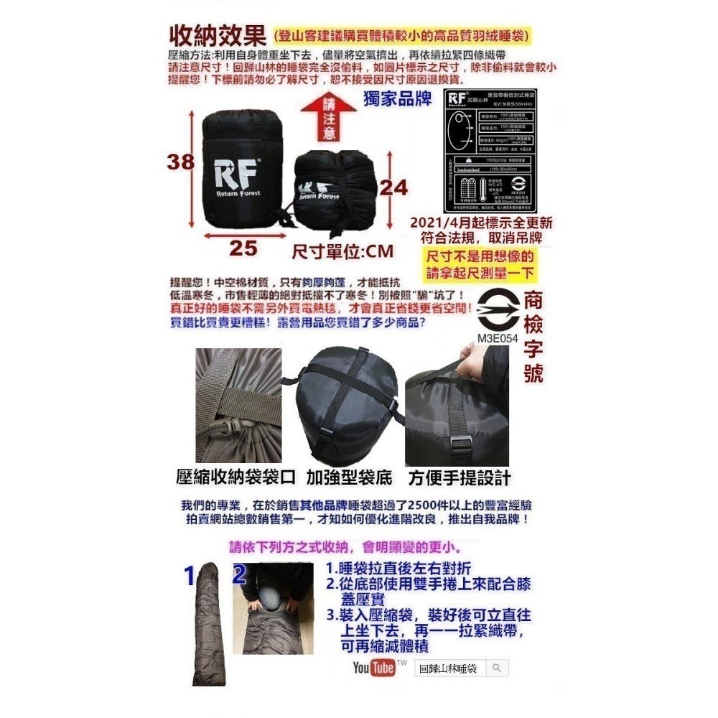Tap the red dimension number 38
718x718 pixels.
(181, 162)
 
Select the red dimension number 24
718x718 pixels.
(393, 187)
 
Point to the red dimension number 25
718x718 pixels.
(243, 248)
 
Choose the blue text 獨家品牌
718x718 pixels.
(398, 100)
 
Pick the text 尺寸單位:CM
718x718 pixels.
(343, 252)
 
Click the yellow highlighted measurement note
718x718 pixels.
(480, 264)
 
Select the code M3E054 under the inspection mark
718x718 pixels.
(497, 337)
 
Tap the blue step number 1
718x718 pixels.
(190, 575)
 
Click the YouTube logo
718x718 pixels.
(374, 668)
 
